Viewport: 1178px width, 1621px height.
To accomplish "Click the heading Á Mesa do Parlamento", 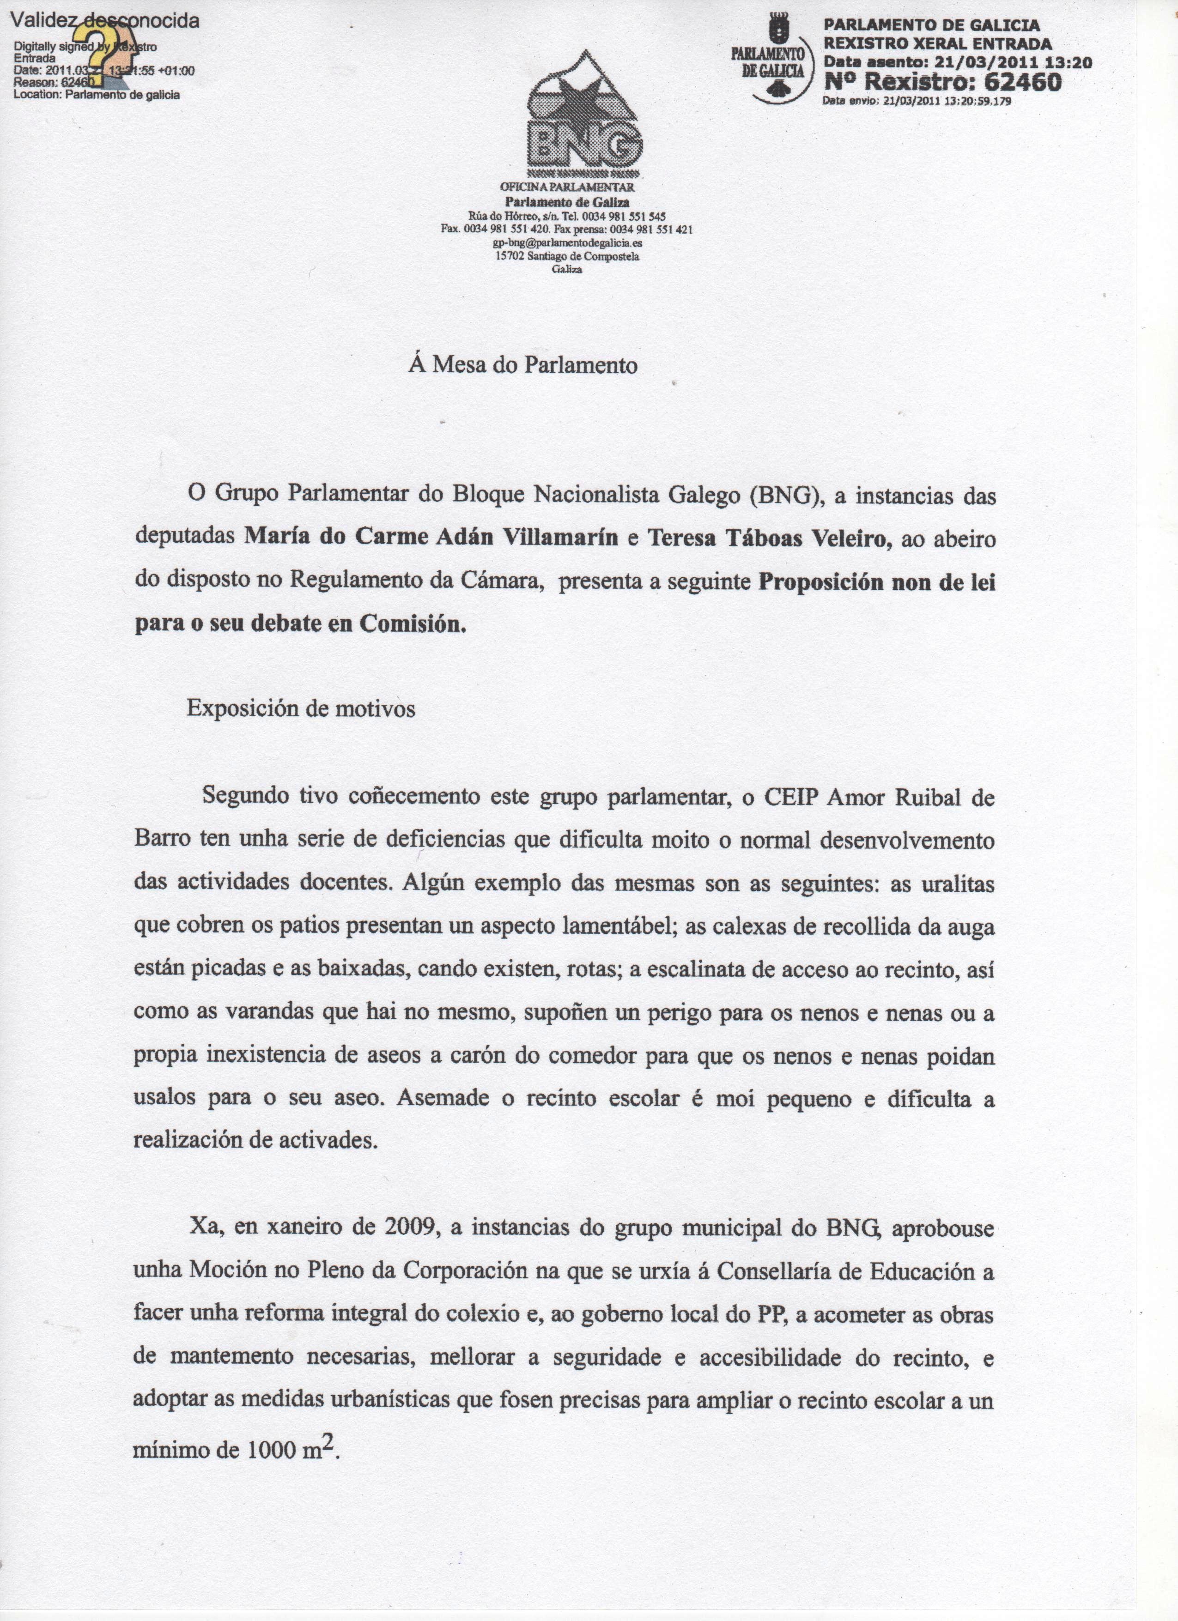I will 523,365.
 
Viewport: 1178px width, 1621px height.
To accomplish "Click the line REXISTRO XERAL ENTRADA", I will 938,43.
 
